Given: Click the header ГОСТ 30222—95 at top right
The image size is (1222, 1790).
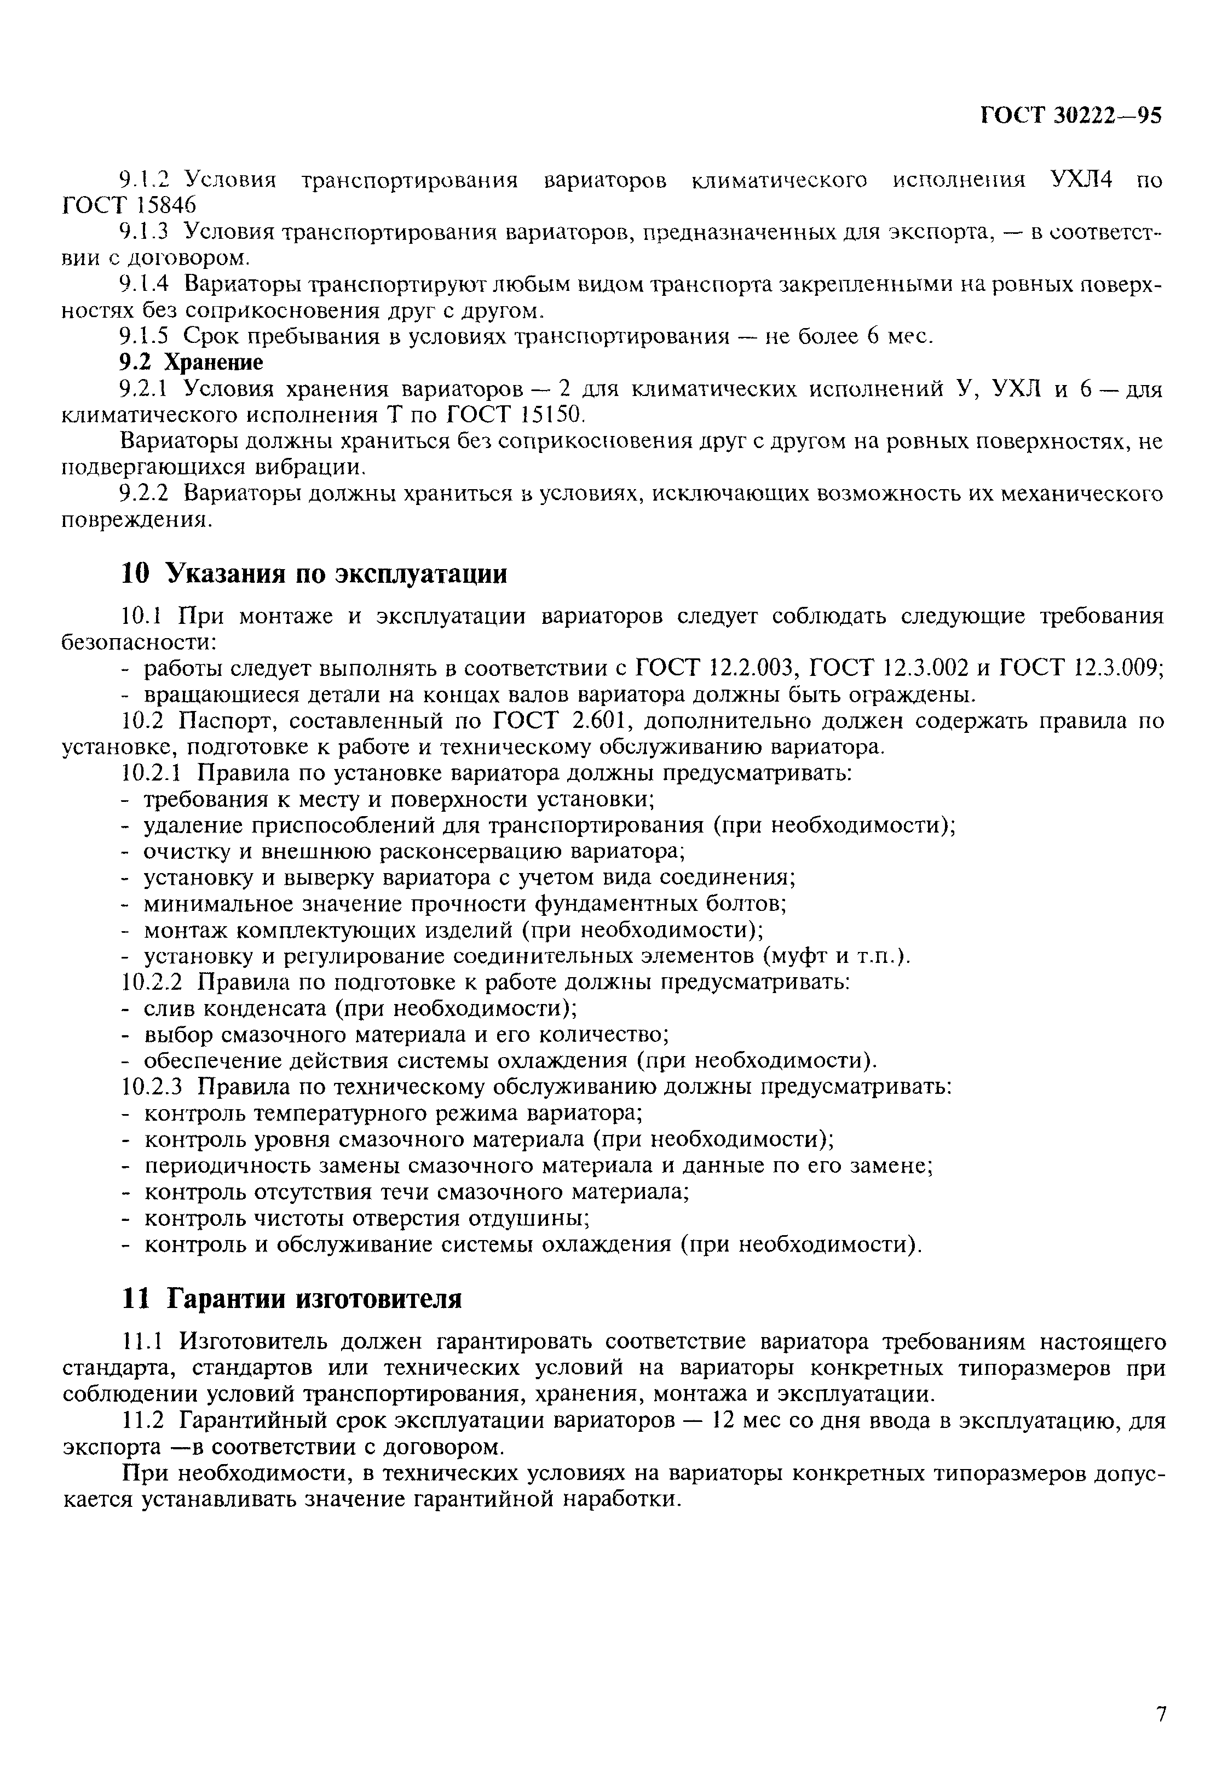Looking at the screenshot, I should coord(1071,115).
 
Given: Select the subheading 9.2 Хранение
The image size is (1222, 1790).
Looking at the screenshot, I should coord(191,362).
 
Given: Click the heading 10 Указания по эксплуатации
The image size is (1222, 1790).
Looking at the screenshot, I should coord(314,574).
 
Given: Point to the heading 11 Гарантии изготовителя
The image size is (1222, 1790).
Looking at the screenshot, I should coord(292,1299).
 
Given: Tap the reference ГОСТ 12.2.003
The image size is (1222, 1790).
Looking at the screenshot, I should coord(714,668).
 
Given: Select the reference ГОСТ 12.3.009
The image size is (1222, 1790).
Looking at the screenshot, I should coord(1080,668).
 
